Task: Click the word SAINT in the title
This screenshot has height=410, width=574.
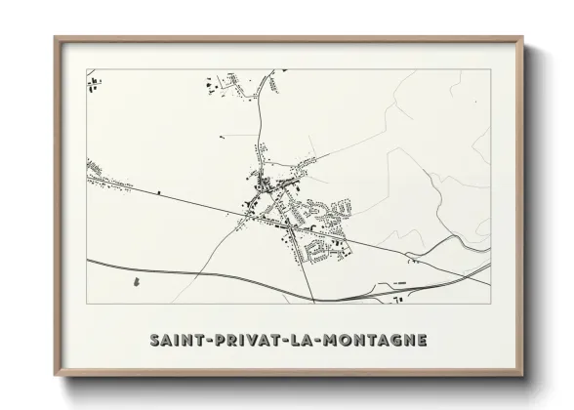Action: pos(174,340)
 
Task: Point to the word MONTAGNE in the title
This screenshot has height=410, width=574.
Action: pos(368,340)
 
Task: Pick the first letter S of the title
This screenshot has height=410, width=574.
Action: pos(155,340)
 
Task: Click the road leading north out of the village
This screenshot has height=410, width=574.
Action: pos(261,127)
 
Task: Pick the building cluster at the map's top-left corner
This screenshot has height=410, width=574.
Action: pos(94,85)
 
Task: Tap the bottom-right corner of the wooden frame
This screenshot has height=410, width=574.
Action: pos(523,375)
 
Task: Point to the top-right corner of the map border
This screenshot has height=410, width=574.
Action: pos(489,69)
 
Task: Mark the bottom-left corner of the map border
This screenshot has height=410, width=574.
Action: pos(87,305)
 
